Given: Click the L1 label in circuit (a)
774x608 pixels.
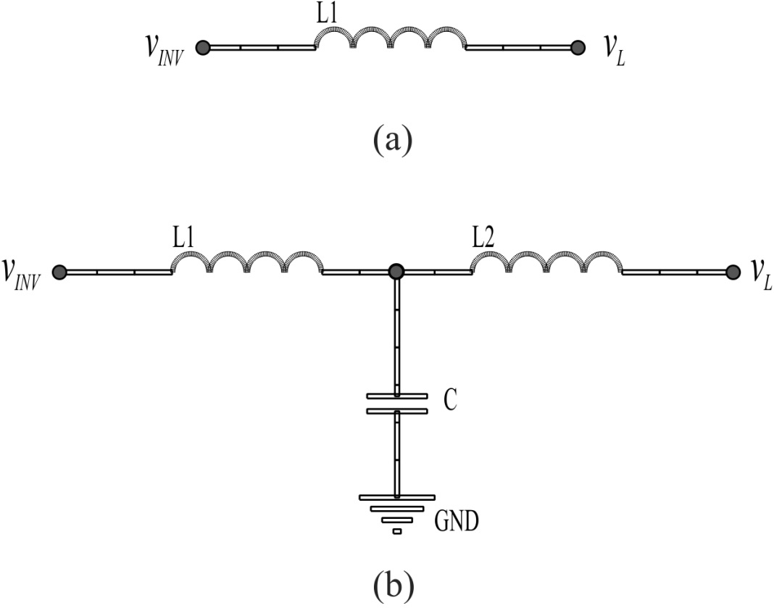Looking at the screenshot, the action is (328, 14).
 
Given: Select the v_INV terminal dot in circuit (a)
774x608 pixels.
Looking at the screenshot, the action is (202, 48).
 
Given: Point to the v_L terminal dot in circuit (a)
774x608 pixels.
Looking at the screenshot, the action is (578, 48).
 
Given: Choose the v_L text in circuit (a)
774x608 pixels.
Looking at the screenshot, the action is (615, 51).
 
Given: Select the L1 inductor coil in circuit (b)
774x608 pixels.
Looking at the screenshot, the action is (247, 262).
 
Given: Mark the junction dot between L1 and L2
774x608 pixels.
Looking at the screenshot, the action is (396, 272).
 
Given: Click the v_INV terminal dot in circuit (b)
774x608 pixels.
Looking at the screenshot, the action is (59, 272).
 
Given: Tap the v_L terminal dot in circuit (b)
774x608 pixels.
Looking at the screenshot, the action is (733, 272).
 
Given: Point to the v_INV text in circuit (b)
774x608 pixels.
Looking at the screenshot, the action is (21, 275).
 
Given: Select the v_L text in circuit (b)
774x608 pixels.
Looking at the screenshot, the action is (760, 275).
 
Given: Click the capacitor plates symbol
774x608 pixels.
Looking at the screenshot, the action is (397, 403).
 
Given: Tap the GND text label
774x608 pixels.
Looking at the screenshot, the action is (457, 521).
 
